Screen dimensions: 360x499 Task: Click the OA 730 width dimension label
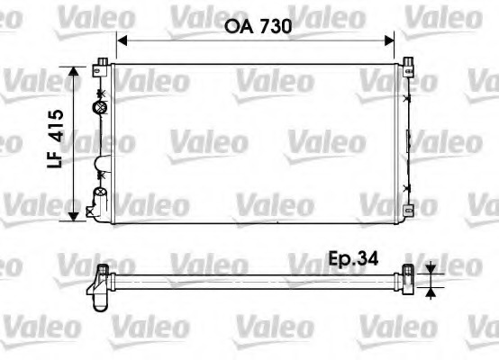click(256, 28)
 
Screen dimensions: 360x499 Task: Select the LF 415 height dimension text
click(57, 142)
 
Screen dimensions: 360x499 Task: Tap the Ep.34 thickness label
click(353, 258)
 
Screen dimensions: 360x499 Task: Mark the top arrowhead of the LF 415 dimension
click(73, 71)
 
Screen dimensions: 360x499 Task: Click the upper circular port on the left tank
click(100, 107)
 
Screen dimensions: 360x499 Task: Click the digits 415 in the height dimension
click(57, 129)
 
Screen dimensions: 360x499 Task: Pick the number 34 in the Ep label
click(364, 258)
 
